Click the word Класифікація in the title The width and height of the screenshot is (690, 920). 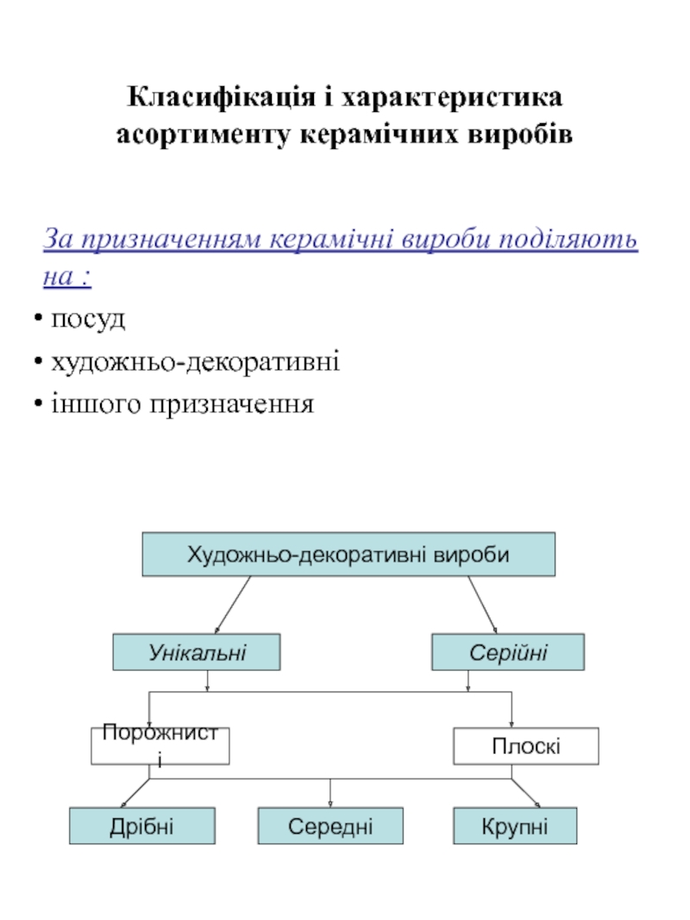coord(221,97)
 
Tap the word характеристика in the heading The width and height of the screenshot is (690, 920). coord(452,97)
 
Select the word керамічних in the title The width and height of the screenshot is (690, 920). coord(379,135)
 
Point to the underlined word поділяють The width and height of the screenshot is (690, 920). coord(568,240)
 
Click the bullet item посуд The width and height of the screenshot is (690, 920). coord(88,320)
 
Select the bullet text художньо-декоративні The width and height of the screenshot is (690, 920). coord(196,361)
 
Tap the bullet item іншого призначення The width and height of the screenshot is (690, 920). coord(183,404)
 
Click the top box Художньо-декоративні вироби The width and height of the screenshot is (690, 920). coord(348,554)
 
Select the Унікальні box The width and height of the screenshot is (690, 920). coord(197,652)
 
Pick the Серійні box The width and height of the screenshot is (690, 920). coord(508,652)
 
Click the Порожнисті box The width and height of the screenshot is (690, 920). coord(160,747)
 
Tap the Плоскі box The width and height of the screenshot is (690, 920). coord(526,747)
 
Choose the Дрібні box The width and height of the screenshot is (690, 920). coord(142,826)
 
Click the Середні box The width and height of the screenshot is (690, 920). coord(330,826)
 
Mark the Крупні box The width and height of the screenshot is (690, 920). coord(515,826)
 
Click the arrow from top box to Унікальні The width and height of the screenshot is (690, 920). coord(233,605)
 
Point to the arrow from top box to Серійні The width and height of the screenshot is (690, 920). coord(482,605)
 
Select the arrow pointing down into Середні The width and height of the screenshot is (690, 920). coord(330,793)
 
